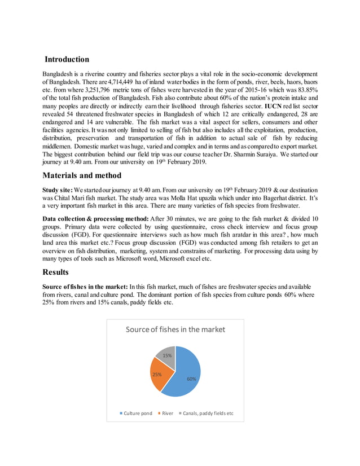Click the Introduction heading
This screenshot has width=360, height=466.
67,59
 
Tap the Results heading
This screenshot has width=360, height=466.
60,272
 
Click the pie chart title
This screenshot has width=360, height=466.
175,329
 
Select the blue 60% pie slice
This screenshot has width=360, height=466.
190,375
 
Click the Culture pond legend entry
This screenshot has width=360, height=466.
135,413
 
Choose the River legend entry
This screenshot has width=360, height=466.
167,413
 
